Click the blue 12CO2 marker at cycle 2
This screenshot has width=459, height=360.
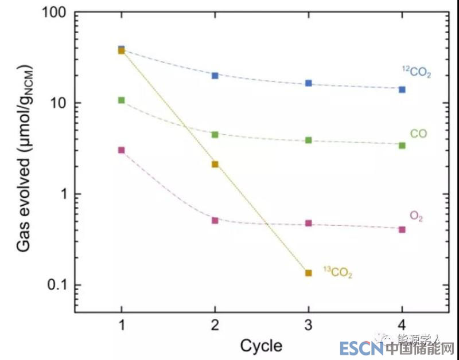click(215, 76)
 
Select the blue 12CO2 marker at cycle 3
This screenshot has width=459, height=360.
click(309, 83)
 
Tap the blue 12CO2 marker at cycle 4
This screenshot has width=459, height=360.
click(402, 89)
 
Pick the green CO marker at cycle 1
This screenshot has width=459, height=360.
click(121, 100)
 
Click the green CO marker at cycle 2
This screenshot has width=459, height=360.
click(215, 135)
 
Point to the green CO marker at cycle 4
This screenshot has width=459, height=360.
click(402, 146)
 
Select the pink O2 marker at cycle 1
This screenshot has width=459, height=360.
click(121, 150)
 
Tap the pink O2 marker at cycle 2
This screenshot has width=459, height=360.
click(215, 220)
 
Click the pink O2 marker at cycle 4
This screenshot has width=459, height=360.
click(402, 229)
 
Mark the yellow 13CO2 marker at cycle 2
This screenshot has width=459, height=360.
click(215, 165)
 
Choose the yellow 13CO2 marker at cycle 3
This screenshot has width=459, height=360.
click(309, 273)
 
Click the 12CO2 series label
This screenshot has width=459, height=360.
click(416, 72)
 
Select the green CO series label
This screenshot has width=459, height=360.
click(418, 134)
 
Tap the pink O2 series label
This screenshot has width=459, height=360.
click(416, 216)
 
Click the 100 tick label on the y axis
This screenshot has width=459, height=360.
click(54, 13)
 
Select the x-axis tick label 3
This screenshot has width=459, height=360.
click(309, 324)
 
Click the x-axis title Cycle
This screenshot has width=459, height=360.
click(261, 346)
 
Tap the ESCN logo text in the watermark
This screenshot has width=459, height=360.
click(359, 348)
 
